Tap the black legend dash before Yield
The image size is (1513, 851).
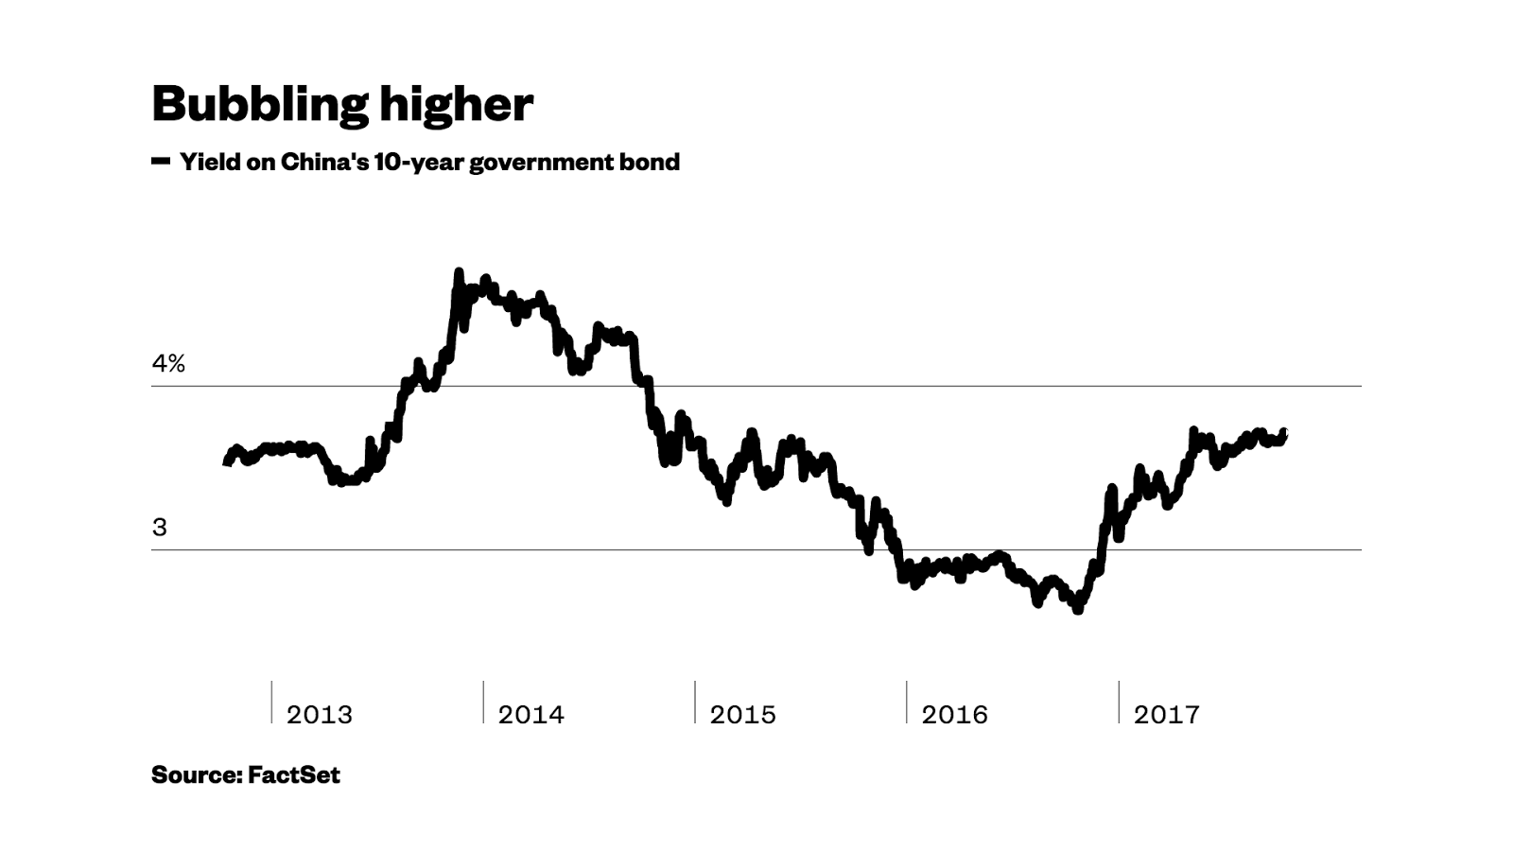[x=160, y=162]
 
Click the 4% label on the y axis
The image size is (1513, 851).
[x=168, y=364]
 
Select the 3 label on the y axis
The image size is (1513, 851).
[x=159, y=528]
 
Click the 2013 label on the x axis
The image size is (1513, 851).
[x=320, y=715]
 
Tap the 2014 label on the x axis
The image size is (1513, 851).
[x=531, y=715]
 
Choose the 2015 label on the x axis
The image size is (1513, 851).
[x=743, y=715]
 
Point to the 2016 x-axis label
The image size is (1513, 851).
[x=955, y=715]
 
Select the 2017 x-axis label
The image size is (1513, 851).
[x=1167, y=715]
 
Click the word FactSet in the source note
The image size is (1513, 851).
[x=294, y=775]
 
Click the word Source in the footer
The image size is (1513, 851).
[x=195, y=775]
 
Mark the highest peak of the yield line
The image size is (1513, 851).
[x=459, y=273]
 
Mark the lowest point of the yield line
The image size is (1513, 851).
[x=1078, y=611]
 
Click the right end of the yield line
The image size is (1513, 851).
[x=1283, y=433]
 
